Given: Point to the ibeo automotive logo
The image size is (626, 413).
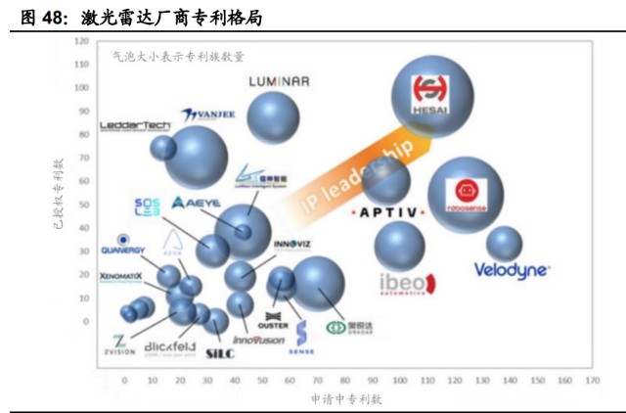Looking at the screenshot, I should coord(402,284).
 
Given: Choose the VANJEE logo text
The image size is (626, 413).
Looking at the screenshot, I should coord(209,115).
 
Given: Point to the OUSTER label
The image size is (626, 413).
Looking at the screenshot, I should coord(273,325).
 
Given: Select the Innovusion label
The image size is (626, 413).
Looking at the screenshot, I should coord(259,341).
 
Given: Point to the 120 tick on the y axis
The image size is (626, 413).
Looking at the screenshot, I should coord(81,42).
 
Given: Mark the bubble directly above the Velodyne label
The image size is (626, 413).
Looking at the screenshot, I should coord(505,244).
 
